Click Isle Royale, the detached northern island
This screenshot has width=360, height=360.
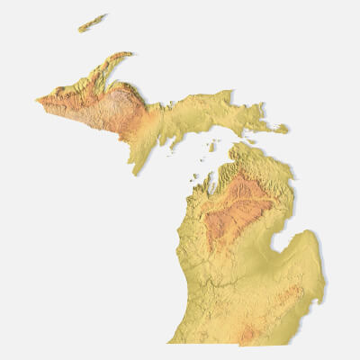click(x=92, y=22)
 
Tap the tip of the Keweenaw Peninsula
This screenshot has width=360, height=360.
click(x=132, y=54)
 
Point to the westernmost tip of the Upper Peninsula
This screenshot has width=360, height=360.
click(x=38, y=100)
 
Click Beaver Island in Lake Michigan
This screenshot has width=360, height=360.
click(x=211, y=144)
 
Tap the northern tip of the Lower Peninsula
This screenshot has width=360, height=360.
click(x=236, y=144)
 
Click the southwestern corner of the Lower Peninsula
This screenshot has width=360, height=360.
click(x=171, y=341)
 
